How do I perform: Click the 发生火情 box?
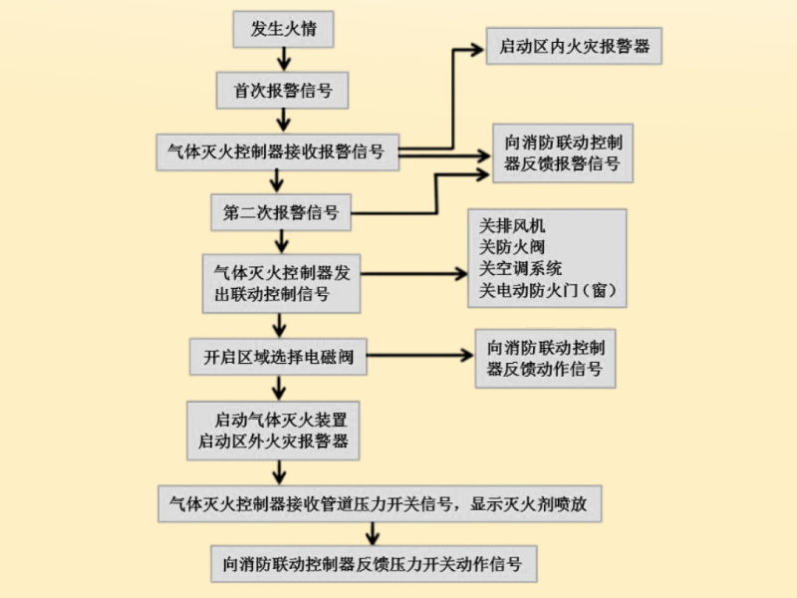(283, 29)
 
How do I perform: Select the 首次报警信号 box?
(283, 91)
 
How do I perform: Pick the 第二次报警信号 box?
(282, 212)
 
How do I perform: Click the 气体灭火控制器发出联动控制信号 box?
(281, 283)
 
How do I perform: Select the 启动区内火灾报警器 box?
(574, 47)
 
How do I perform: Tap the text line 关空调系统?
(520, 269)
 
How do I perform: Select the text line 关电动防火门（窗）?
(550, 291)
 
